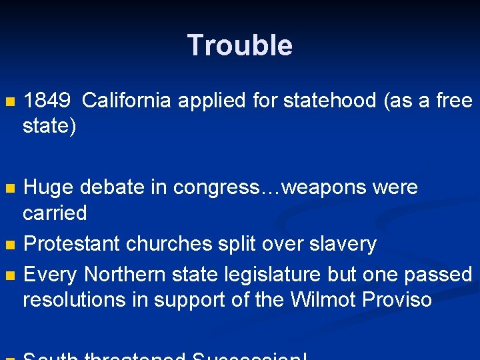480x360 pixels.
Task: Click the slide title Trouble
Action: [x=239, y=45]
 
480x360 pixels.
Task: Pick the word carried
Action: [x=55, y=213]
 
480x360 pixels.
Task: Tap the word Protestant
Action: [x=71, y=244]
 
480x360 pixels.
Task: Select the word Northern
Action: [x=125, y=275]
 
